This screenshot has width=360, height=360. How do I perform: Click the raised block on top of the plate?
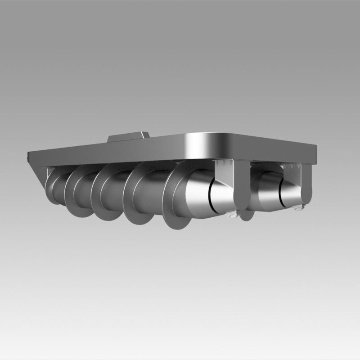pos(130,136)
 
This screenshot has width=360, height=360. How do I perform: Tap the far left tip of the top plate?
pos(29,157)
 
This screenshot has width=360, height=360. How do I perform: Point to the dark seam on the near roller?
pos(210,196)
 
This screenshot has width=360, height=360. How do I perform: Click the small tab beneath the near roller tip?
pos(231,215)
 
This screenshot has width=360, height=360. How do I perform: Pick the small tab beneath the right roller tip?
pos(297,207)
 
